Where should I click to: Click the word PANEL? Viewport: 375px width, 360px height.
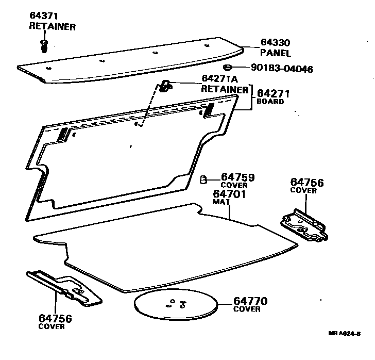click(276, 53)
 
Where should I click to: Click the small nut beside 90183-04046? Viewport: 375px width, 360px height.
click(227, 68)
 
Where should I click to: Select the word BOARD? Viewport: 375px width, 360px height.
click(270, 102)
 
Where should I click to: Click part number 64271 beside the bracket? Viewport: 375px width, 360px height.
click(274, 93)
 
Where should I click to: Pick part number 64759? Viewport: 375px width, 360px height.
click(238, 177)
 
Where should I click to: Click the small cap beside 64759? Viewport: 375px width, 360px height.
click(204, 179)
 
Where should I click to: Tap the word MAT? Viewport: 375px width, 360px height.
click(220, 202)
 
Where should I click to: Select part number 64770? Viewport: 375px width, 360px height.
click(251, 301)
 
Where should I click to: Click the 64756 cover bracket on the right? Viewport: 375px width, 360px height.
click(304, 225)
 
